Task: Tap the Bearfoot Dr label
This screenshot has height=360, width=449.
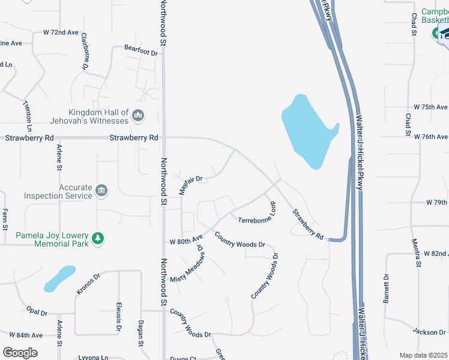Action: point(140,53)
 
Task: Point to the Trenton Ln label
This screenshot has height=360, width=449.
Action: point(28,115)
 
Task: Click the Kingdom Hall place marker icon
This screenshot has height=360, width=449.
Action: point(138,115)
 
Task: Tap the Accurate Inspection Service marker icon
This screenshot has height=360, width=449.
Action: point(101,191)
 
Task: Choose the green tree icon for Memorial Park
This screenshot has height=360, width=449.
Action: point(98,239)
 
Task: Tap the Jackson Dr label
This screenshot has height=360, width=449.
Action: point(429,331)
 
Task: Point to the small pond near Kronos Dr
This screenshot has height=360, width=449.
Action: point(59,278)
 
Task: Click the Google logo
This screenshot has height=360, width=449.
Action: point(20,352)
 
